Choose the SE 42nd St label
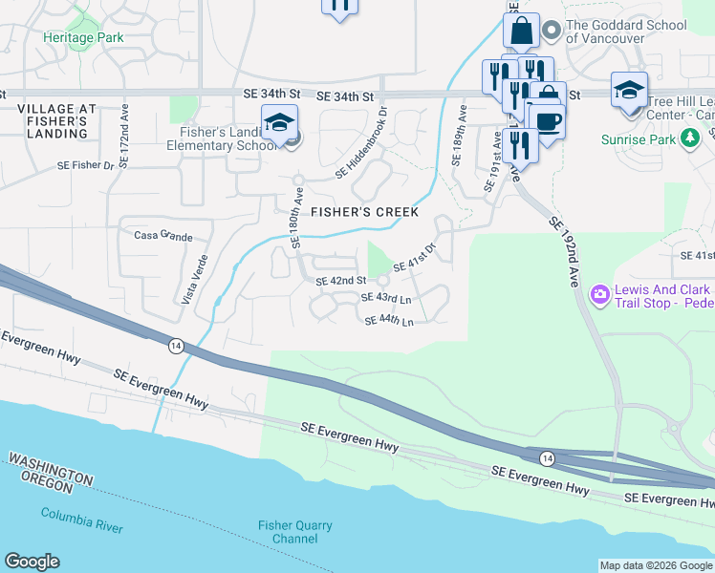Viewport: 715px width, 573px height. [341, 281]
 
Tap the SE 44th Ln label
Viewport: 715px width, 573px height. [388, 321]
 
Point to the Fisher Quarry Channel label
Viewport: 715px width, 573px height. [295, 532]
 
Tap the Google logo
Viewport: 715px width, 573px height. [32, 562]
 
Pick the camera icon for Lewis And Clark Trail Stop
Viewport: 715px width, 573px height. [600, 293]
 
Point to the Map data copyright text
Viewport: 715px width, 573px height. [655, 565]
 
